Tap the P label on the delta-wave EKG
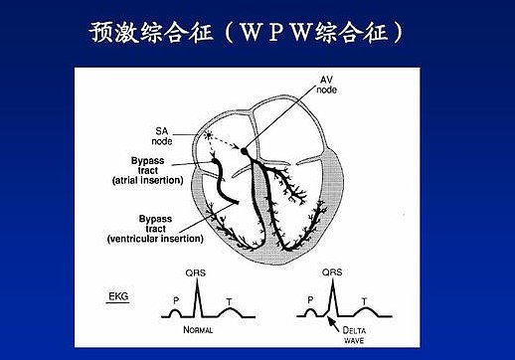[x=309, y=296]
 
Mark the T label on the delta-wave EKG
[x=363, y=297]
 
